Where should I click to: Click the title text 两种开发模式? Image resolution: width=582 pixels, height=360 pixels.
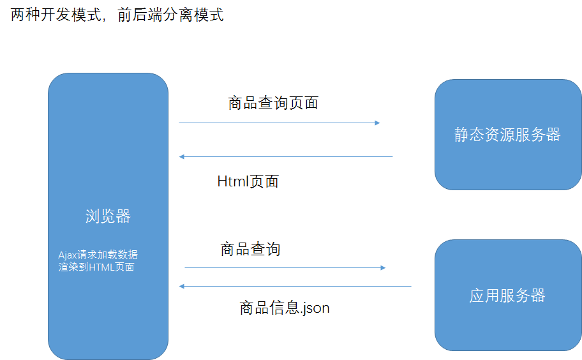[x=56, y=15]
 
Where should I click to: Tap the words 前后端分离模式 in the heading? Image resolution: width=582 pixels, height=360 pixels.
[x=171, y=15]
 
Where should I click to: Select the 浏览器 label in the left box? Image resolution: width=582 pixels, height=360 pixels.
[x=108, y=216]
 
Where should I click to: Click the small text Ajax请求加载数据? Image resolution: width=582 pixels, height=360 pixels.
[x=98, y=255]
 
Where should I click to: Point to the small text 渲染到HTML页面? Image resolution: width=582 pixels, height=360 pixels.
[x=96, y=267]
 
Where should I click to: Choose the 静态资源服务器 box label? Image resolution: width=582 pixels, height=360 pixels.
[x=507, y=134]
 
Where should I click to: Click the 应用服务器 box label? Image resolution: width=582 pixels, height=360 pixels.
[x=507, y=296]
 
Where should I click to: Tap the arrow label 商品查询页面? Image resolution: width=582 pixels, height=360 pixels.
[x=273, y=103]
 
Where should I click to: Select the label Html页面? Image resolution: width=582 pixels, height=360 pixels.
[x=248, y=181]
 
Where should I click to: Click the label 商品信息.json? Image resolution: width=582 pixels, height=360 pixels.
[x=285, y=308]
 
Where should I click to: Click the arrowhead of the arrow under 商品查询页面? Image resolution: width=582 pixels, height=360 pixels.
[x=378, y=123]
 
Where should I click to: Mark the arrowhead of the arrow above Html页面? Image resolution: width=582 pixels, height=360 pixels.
[x=182, y=156]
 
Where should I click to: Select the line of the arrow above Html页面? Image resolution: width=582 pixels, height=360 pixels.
[x=286, y=156]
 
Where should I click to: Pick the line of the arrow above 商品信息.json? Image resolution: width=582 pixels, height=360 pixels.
[x=295, y=286]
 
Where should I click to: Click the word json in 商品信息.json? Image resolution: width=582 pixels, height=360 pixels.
[x=317, y=308]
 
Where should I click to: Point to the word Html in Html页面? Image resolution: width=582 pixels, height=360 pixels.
[x=233, y=181]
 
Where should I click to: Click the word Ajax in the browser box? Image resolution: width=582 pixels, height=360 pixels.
[x=68, y=255]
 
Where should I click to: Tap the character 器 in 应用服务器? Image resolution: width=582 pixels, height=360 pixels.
[x=538, y=296]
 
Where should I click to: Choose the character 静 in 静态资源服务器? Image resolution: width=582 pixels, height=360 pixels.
[x=462, y=134]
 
